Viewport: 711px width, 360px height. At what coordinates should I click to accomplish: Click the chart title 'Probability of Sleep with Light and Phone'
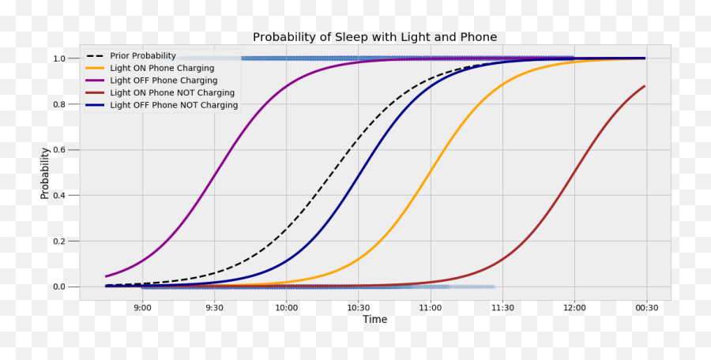(x=374, y=37)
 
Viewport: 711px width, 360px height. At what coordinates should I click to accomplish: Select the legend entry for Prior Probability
(x=148, y=57)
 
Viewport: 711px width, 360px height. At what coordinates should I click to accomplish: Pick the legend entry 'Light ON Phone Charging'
(x=162, y=69)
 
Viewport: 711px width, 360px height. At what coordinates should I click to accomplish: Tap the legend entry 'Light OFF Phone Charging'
(x=164, y=81)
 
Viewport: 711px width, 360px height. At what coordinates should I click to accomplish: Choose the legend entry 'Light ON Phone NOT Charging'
(x=172, y=92)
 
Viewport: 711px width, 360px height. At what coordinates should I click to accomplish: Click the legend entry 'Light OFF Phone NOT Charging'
(x=174, y=105)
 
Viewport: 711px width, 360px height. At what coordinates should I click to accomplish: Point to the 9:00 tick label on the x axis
(x=142, y=307)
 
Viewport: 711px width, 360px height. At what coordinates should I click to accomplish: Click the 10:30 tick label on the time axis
(x=358, y=307)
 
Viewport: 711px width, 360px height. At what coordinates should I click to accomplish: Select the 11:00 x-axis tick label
(x=430, y=307)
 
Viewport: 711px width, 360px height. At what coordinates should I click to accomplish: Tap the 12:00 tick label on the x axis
(x=574, y=307)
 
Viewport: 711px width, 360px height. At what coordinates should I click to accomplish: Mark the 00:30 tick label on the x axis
(x=646, y=307)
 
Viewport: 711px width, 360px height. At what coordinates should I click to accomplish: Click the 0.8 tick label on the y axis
(x=60, y=104)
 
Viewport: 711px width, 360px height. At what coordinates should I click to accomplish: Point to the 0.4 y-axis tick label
(x=60, y=196)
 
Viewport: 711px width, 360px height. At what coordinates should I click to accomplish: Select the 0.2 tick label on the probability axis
(x=60, y=242)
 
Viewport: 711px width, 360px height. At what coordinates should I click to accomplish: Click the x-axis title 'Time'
(x=374, y=320)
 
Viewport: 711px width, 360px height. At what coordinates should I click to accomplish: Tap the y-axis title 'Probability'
(x=45, y=173)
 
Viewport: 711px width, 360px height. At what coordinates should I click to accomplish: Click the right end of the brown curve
(x=645, y=86)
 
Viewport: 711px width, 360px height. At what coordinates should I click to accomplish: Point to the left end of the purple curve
(x=107, y=276)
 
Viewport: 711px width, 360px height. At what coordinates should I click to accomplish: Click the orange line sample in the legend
(x=95, y=69)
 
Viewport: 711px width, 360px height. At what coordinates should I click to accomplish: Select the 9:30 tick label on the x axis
(x=214, y=307)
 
